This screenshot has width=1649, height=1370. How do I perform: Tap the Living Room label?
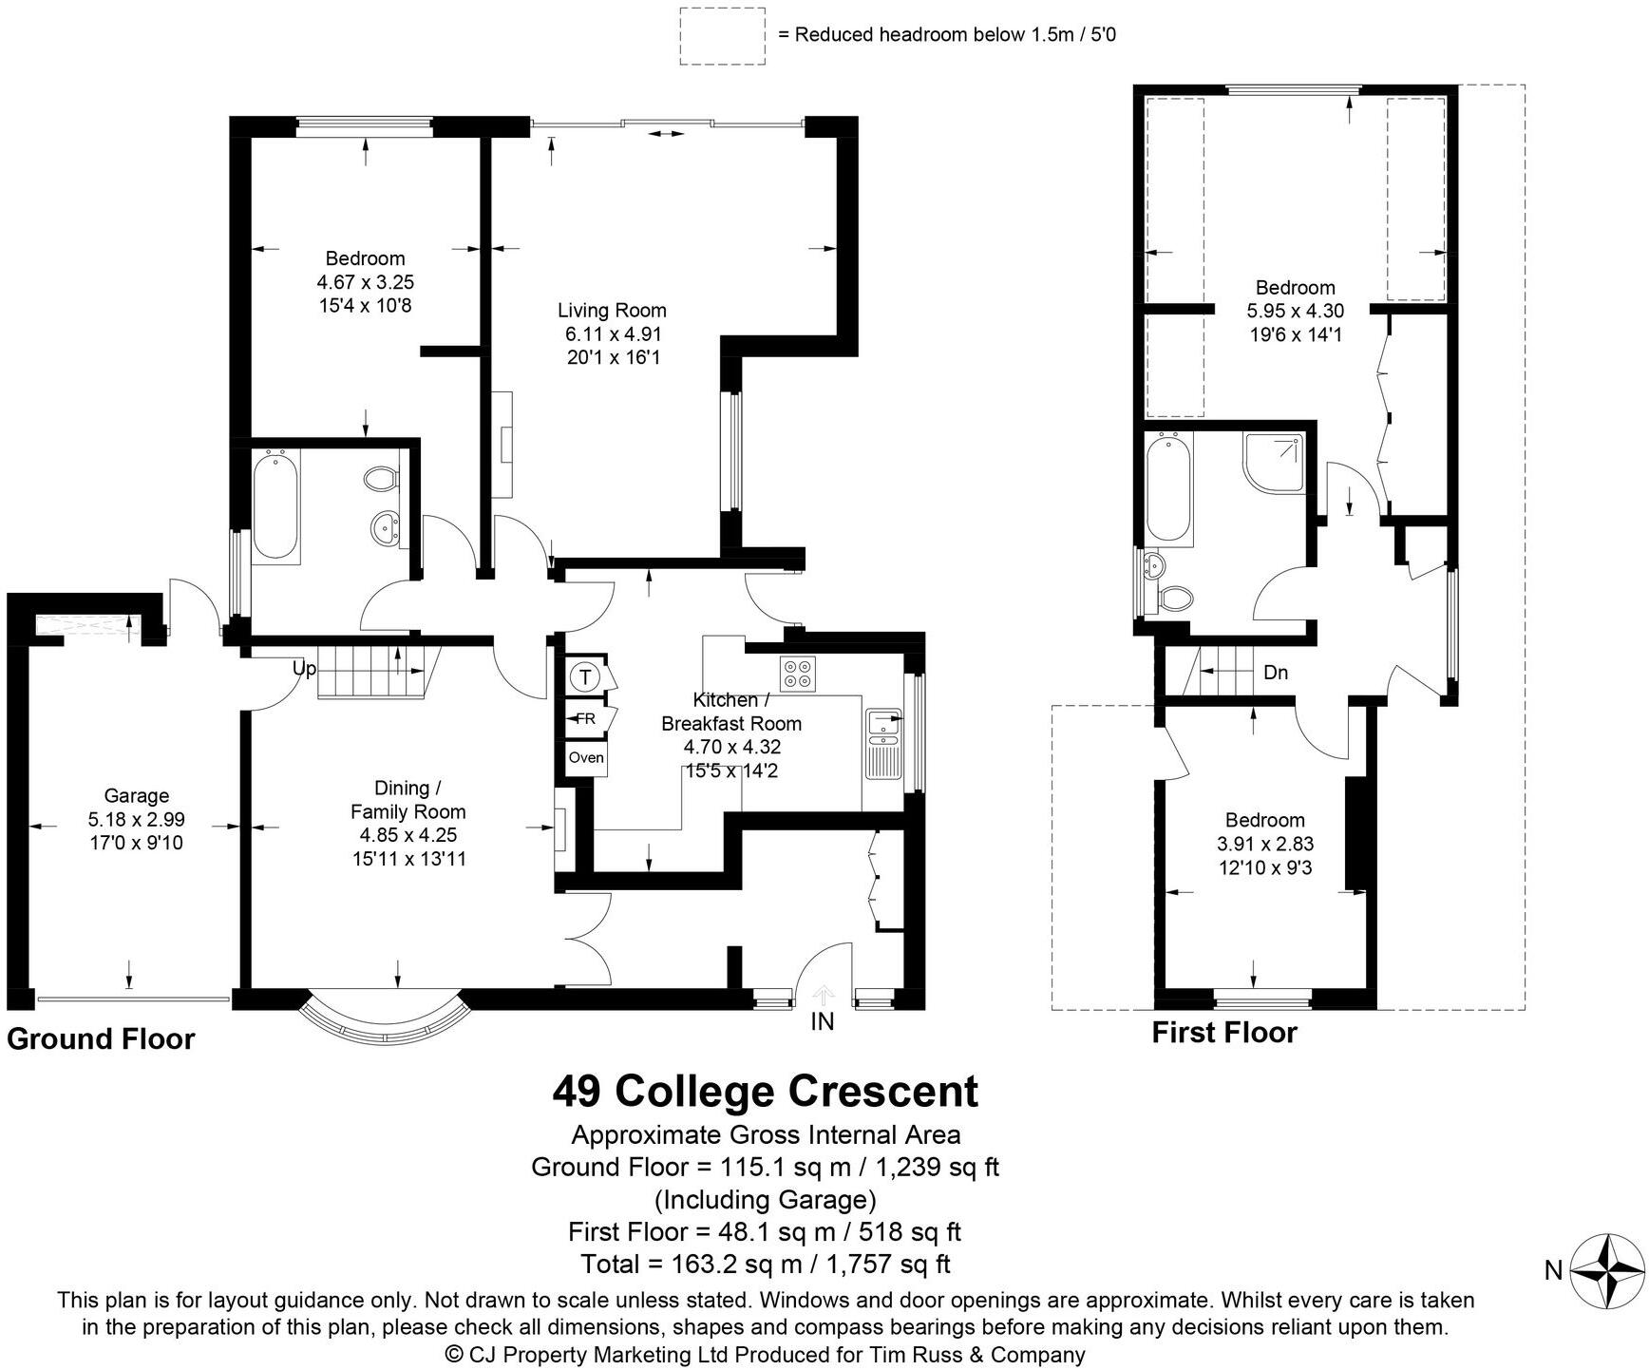pos(612,311)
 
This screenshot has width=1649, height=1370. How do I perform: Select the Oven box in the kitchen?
pos(585,757)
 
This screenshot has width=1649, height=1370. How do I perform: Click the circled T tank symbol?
pos(585,677)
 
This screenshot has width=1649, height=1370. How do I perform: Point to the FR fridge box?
pos(585,718)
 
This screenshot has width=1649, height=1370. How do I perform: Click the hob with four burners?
pos(798,674)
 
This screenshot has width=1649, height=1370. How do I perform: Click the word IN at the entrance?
pos(823,1021)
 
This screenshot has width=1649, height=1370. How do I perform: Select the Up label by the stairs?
pos(304,668)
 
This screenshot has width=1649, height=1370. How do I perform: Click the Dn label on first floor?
pos(1276,673)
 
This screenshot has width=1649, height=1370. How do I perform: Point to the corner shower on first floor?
pos(1276,463)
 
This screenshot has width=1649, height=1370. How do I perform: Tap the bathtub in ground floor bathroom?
pos(275,506)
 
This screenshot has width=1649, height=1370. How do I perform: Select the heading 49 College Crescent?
pos(765,1091)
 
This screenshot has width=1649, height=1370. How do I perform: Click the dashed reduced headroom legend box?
pos(722,36)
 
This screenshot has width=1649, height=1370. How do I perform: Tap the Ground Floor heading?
pos(101,1039)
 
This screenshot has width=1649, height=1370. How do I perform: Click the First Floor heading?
pos(1223,1033)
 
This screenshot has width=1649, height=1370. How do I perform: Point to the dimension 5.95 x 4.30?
pos(1295,311)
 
